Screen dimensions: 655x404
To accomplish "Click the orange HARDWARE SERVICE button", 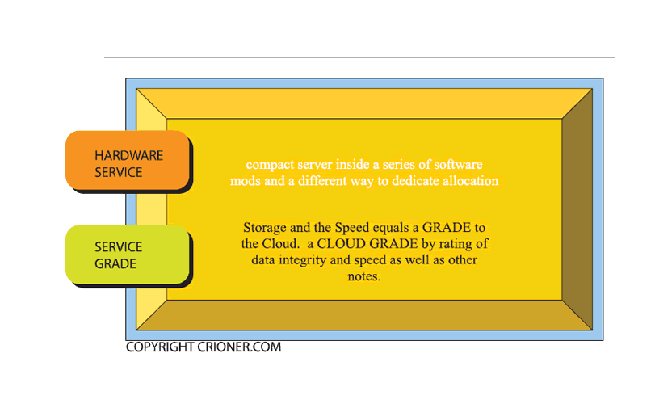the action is click(128, 160).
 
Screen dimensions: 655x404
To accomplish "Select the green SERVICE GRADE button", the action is click(128, 255).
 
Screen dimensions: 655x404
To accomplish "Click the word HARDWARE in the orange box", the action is click(128, 155).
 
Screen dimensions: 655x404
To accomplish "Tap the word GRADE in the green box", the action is click(115, 263).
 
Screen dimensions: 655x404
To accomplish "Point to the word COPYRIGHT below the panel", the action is click(160, 347).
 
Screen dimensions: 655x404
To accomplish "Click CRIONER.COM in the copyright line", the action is click(239, 347).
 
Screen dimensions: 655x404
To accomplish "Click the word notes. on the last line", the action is click(363, 276).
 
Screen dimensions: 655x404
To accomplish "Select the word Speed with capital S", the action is click(352, 228).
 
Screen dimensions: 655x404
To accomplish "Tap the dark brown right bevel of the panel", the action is click(577, 209).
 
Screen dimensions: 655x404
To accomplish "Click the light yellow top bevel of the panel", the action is click(364, 103).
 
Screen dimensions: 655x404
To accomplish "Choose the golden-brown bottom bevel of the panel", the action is click(364, 315).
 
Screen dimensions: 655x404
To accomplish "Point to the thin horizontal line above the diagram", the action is click(359, 57).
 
